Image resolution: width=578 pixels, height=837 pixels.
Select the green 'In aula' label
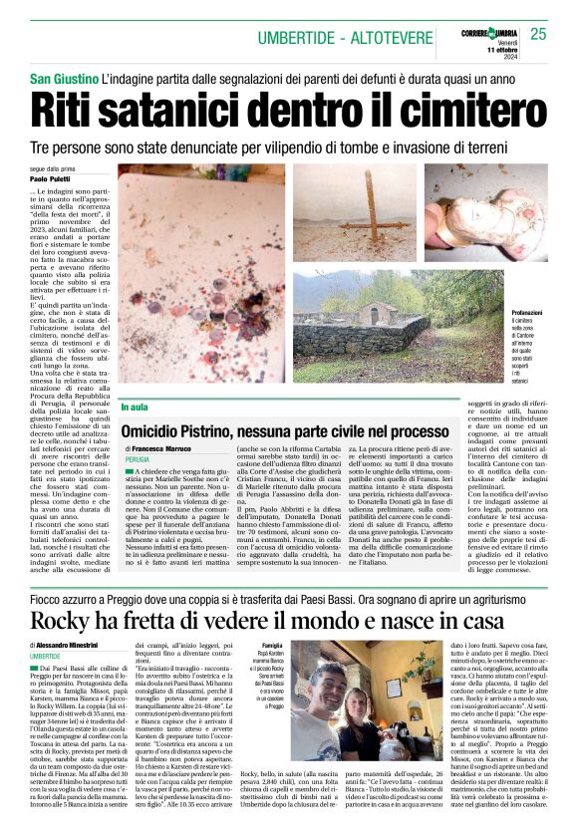point(134,407)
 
